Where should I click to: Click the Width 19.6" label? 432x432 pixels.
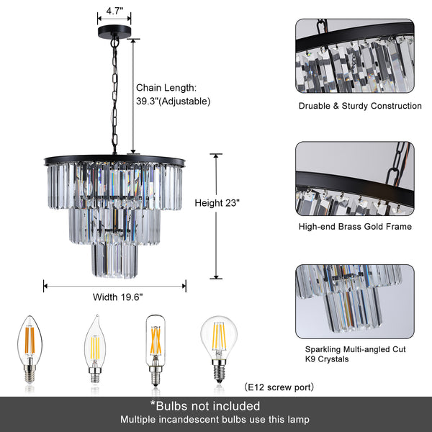117,297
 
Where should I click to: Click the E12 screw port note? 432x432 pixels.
279,387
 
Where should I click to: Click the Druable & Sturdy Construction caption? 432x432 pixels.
360,106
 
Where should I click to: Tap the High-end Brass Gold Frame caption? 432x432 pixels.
354,227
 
